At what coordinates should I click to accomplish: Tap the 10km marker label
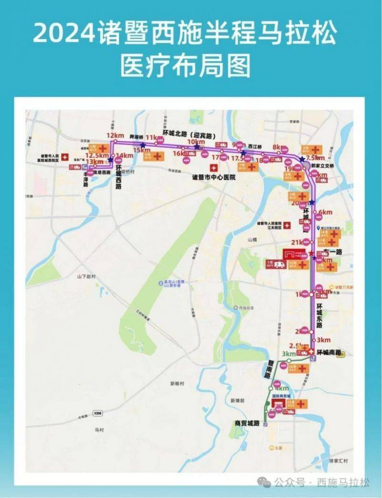(x=196, y=142)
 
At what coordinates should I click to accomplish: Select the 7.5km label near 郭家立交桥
(x=315, y=158)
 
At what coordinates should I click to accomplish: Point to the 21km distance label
(x=297, y=243)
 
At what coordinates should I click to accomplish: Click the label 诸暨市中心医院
(x=213, y=177)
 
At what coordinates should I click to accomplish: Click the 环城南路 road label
(x=329, y=352)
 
